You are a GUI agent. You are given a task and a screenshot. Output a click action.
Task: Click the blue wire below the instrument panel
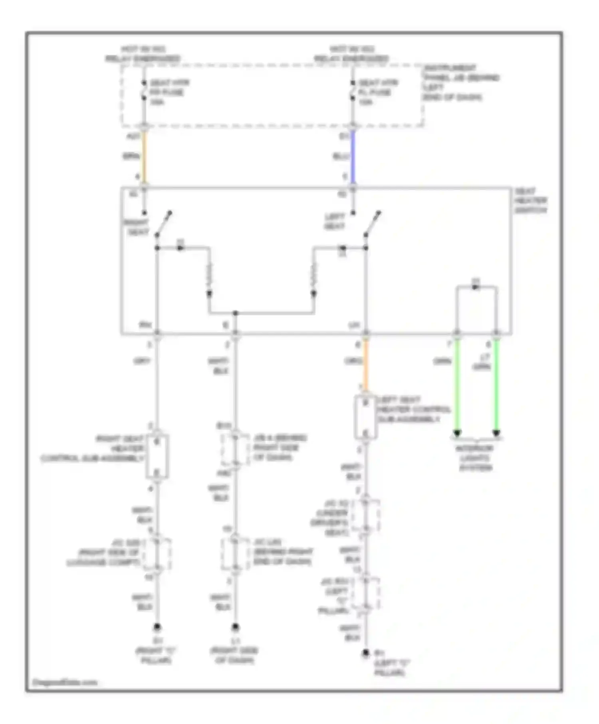coord(353,156)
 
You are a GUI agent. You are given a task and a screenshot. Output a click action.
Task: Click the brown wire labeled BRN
coord(144,156)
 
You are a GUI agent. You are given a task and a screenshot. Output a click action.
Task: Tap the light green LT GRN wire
coord(496,387)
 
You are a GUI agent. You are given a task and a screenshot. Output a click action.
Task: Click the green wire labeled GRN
coord(457,387)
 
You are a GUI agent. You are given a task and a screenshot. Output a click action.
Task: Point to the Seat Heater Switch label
coord(530,201)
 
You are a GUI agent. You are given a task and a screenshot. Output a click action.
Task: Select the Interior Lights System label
coord(475,458)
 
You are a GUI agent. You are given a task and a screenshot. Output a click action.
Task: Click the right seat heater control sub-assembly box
coord(157,457)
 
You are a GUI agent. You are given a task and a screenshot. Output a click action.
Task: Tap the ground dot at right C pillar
coord(157,627)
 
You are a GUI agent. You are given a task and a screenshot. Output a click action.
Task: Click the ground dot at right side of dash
coord(235,627)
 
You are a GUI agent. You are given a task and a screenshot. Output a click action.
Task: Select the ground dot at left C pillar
coord(365,653)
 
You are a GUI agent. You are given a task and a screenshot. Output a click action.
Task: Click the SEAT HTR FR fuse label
coord(167,92)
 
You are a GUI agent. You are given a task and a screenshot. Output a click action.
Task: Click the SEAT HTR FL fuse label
coord(376,92)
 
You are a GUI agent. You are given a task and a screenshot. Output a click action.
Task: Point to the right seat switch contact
coord(164,224)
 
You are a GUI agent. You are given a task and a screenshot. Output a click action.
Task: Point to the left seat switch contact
coord(373,224)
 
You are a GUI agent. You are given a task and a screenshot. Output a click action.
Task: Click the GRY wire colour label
coord(142,361)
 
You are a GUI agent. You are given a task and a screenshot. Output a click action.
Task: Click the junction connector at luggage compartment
coord(157,554)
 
